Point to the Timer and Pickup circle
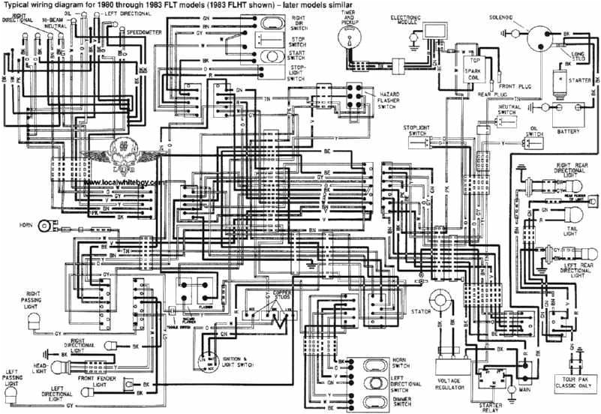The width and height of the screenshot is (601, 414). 349,41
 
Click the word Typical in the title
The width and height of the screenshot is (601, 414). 17,4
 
